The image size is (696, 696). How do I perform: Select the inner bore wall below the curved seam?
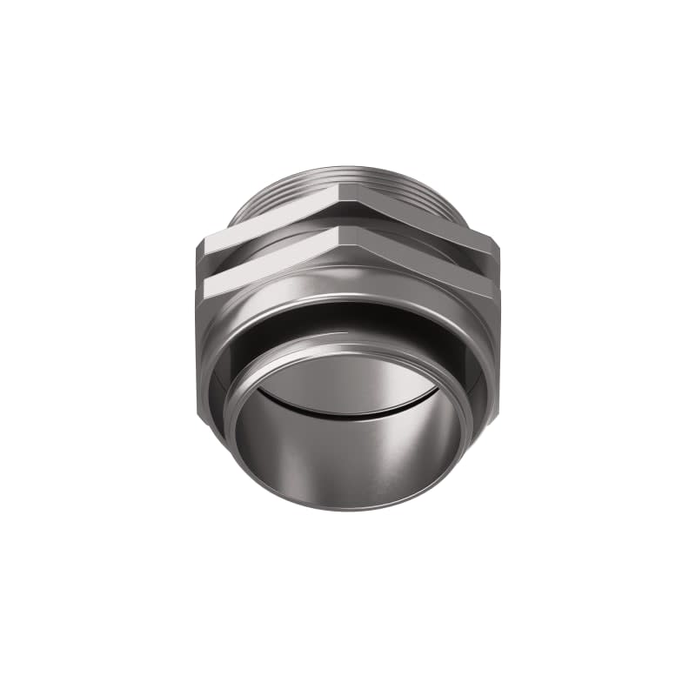click(348, 452)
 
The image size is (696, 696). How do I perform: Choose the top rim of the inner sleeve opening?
click(348, 350)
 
